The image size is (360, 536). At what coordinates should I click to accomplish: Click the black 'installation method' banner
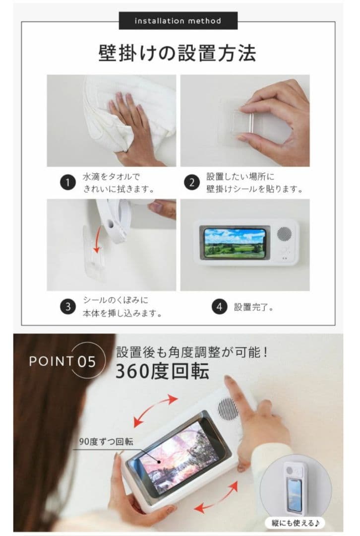178,21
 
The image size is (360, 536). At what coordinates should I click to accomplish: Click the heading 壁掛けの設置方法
177,53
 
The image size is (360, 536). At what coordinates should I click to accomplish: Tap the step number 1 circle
68,183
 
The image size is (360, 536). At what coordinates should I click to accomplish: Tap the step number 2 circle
191,183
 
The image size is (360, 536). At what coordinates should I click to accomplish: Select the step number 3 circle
68,307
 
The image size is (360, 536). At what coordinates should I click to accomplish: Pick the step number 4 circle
219,307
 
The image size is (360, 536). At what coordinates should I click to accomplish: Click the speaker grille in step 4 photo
284,234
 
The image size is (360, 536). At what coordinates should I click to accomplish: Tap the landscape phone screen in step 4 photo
235,243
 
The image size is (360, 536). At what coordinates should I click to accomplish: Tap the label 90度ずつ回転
106,442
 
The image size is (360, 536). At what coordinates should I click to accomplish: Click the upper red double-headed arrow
155,411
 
